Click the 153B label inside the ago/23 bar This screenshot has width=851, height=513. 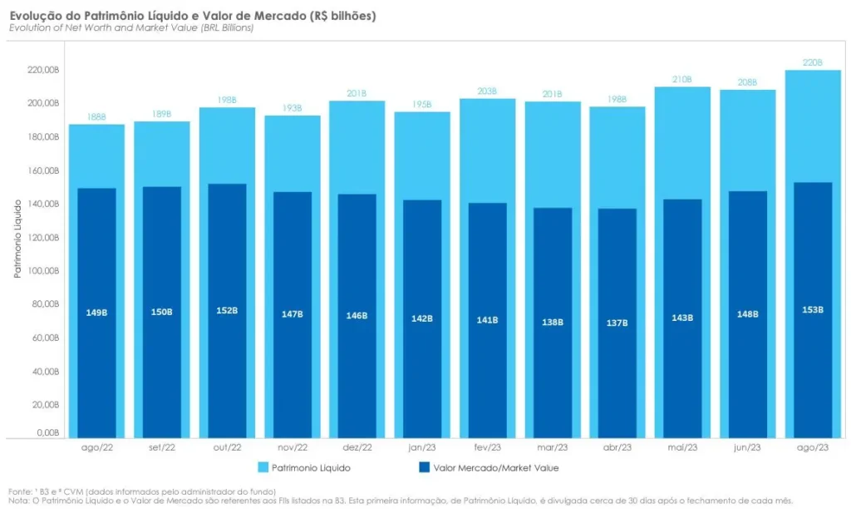click(813, 309)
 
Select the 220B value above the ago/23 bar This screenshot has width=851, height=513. click(813, 62)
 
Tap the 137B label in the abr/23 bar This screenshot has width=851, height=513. click(617, 323)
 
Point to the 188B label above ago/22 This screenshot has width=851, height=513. click(96, 118)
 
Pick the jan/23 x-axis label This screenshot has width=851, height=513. click(422, 448)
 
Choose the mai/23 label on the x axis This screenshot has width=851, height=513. click(682, 448)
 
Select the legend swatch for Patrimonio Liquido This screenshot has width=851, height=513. click(263, 468)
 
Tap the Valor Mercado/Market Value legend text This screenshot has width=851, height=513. click(496, 468)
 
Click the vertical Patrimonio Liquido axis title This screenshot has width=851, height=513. click(17, 238)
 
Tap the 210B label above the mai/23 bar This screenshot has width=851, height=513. click(682, 80)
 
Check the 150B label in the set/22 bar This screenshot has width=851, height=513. click(162, 313)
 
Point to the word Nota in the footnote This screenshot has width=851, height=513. click(19, 501)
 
